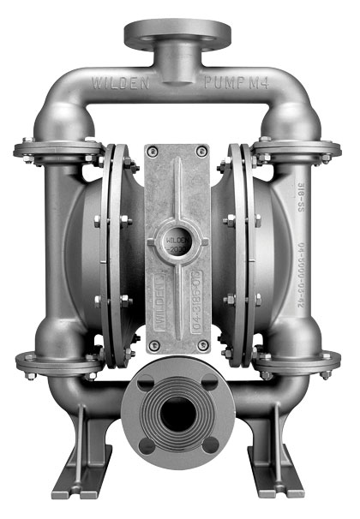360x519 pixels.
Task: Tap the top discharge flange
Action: point(178,34)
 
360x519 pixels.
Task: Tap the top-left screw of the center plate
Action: point(153,152)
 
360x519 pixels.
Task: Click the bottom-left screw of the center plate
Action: point(153,345)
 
